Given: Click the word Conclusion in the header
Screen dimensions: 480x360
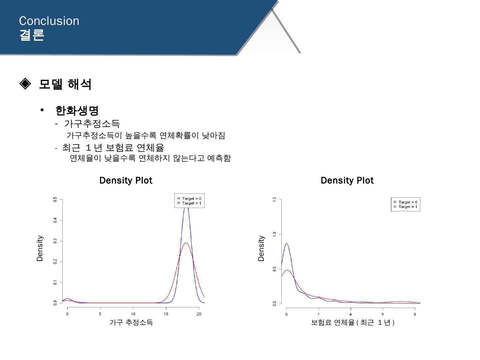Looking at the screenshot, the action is (x=49, y=21).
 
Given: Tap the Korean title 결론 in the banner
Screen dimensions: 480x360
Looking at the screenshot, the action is (x=32, y=35).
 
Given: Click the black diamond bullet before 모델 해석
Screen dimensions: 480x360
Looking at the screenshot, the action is (x=25, y=83).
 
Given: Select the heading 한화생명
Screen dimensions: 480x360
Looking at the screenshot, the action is (x=77, y=111).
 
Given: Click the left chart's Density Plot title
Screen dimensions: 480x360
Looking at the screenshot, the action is (x=126, y=181).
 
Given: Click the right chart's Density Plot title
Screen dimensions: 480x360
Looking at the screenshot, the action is (x=347, y=181).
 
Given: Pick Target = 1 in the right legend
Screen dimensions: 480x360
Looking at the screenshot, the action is (x=408, y=207).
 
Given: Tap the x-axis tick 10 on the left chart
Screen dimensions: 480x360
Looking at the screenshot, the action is (x=133, y=314).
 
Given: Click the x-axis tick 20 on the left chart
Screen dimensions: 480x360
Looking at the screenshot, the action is (x=199, y=314).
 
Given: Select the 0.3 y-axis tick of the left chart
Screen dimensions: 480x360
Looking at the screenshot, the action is (x=55, y=241).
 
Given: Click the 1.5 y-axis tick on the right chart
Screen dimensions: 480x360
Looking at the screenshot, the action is (x=274, y=199).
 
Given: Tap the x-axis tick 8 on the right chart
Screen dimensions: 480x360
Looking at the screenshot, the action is (x=415, y=314).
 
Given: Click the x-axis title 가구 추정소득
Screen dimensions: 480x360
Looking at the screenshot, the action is (x=131, y=322).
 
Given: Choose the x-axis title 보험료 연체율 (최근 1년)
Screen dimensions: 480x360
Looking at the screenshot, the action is (x=353, y=322).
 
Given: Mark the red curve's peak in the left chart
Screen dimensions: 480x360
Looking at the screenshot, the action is (x=186, y=243).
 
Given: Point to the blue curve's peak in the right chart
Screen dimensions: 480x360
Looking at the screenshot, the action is (x=286, y=243).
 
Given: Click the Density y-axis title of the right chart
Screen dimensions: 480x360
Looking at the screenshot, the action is (x=261, y=248).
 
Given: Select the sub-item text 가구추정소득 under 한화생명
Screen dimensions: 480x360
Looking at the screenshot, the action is (x=92, y=124).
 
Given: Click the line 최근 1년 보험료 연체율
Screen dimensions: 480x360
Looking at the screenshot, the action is (x=113, y=148).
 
